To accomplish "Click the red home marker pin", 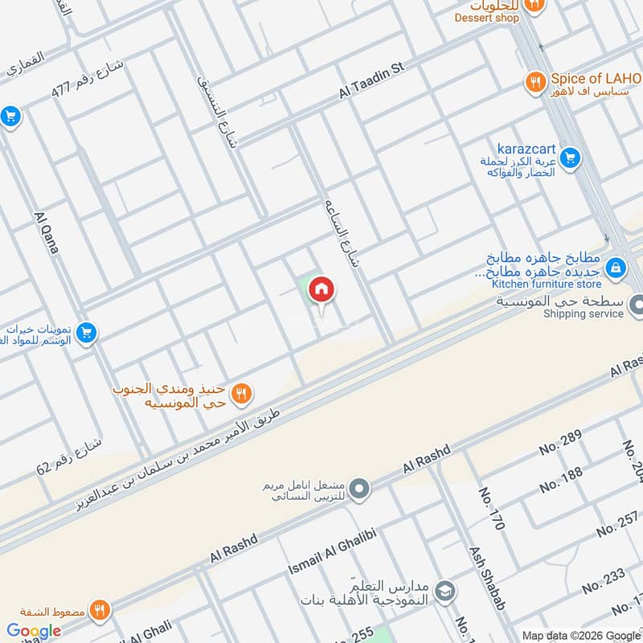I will pyautogui.click(x=321, y=289).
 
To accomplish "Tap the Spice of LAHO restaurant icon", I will pyautogui.click(x=532, y=80).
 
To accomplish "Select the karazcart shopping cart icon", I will pyautogui.click(x=570, y=158).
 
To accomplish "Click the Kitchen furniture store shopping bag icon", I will pyautogui.click(x=615, y=267).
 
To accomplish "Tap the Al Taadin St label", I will pyautogui.click(x=372, y=82).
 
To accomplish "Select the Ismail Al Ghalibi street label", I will pyautogui.click(x=332, y=551).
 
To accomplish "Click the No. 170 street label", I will pyautogui.click(x=491, y=509).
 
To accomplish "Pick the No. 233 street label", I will pyautogui.click(x=604, y=580).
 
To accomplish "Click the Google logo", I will pyautogui.click(x=34, y=631).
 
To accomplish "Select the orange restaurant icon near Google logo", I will pyautogui.click(x=100, y=608).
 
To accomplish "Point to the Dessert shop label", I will pyautogui.click(x=486, y=18).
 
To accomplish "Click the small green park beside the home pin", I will pyautogui.click(x=305, y=283).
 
